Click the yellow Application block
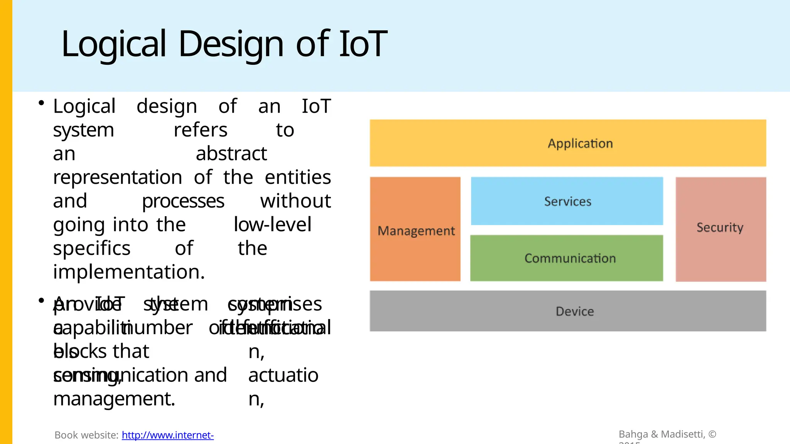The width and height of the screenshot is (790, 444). click(568, 143)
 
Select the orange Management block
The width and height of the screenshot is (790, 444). click(415, 229)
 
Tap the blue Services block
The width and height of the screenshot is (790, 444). click(567, 201)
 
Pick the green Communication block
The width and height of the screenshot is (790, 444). click(567, 258)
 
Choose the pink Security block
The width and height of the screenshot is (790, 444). click(721, 229)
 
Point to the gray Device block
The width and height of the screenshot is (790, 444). click(568, 311)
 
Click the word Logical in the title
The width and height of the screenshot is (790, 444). click(114, 44)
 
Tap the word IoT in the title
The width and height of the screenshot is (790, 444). click(363, 44)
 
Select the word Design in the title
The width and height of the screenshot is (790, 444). click(231, 44)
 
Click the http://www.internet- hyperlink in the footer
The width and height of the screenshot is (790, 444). click(168, 435)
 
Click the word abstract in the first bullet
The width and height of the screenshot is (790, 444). click(231, 154)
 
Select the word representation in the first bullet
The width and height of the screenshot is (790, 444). click(118, 178)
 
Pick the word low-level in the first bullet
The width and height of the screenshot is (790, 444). click(272, 225)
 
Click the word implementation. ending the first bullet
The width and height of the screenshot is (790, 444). click(129, 272)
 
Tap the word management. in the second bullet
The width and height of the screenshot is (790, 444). click(114, 399)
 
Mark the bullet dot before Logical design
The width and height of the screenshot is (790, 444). click(41, 103)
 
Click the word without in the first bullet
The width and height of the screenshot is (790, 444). click(295, 201)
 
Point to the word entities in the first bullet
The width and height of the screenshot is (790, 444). click(298, 178)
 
